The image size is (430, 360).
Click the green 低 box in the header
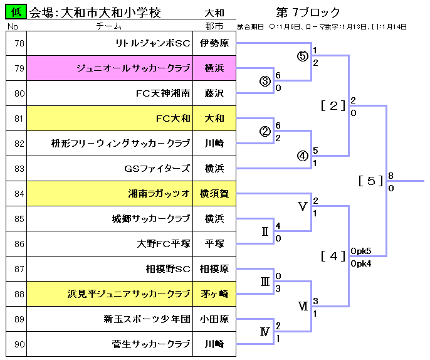pyautogui.click(x=16, y=12)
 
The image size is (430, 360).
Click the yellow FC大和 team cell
pyautogui.click(x=173, y=119)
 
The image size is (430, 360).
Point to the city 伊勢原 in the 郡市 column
pyautogui.click(x=214, y=43)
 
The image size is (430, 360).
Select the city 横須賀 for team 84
pyautogui.click(x=214, y=194)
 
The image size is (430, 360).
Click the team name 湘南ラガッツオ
pyautogui.click(x=159, y=194)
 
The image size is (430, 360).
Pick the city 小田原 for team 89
pyautogui.click(x=214, y=319)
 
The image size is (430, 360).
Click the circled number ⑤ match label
pyautogui.click(x=303, y=56)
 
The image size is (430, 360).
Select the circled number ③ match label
pyautogui.click(x=265, y=81)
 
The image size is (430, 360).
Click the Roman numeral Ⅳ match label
pyautogui.click(x=265, y=332)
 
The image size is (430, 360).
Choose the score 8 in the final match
pyautogui.click(x=391, y=176)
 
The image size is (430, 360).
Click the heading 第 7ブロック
pyautogui.click(x=308, y=12)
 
